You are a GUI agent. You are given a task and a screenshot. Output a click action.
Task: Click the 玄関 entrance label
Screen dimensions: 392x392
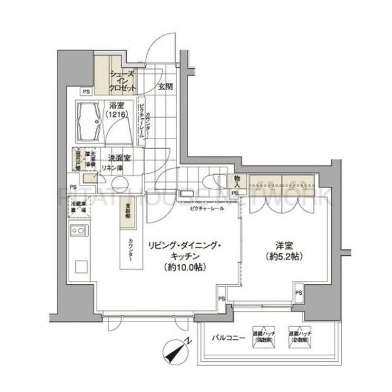pos(165,87)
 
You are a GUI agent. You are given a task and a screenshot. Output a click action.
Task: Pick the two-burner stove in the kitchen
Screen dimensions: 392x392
pos(78,231)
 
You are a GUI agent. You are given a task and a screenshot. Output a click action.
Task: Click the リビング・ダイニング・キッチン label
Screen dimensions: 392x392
pos(183,255)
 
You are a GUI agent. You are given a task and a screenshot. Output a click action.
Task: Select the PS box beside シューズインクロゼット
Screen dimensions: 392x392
pos(85,91)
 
